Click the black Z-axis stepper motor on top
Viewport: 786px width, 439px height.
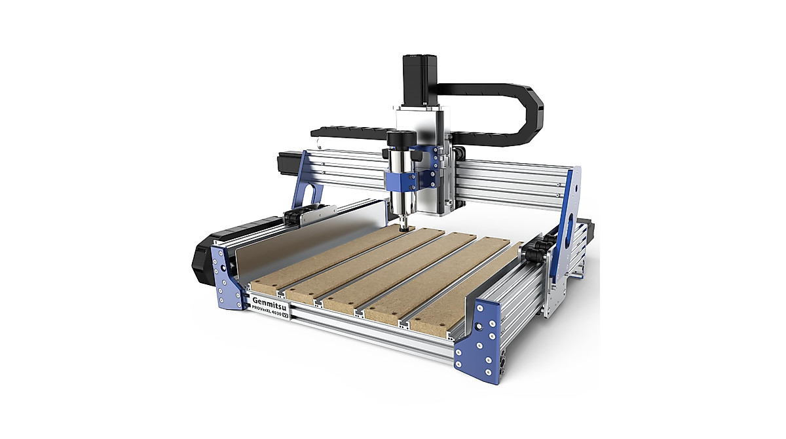419,79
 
